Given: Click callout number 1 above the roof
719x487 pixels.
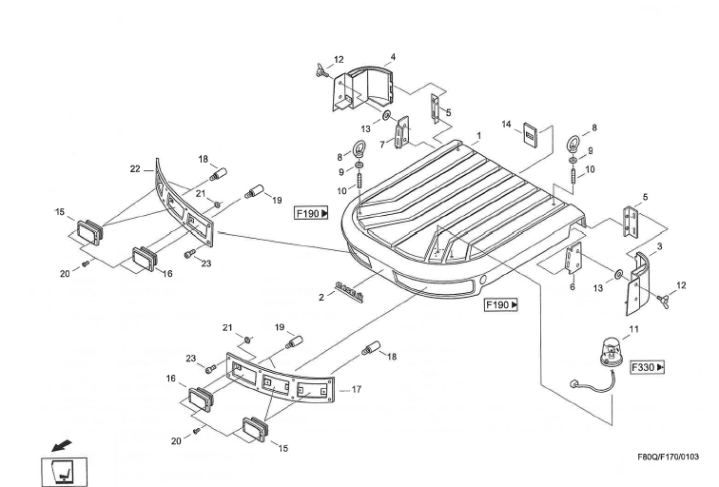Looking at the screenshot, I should click(x=479, y=135).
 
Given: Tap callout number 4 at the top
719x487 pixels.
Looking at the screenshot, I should click(x=394, y=57).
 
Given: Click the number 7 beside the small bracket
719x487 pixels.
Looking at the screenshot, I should click(x=381, y=144).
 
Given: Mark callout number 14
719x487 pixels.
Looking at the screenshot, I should click(x=507, y=125).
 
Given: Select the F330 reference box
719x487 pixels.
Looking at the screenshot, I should click(x=647, y=366).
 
